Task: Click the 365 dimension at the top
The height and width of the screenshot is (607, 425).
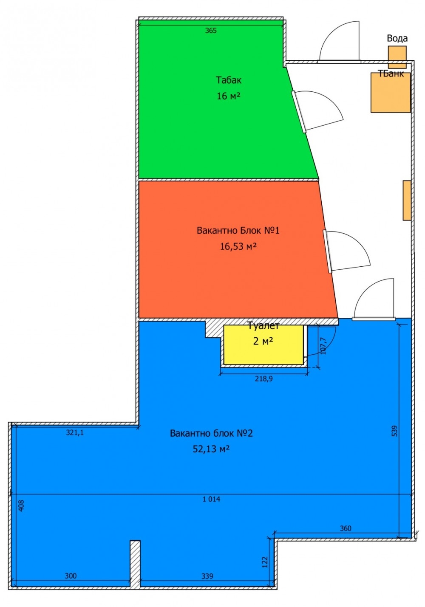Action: [211, 31]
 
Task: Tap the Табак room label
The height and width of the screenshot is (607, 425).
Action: [229, 80]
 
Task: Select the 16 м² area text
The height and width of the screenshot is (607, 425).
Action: [229, 96]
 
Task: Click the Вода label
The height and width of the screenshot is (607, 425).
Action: [397, 39]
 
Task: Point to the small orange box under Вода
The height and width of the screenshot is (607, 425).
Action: [397, 57]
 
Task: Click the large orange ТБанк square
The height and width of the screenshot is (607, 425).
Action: [391, 92]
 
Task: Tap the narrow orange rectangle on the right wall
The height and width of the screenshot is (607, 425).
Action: [407, 200]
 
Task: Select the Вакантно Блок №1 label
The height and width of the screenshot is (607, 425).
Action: [238, 231]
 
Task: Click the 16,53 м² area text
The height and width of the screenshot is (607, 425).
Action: [238, 247]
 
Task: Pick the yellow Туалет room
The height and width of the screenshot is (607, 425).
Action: [263, 344]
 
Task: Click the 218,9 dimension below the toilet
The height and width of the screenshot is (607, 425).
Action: [264, 378]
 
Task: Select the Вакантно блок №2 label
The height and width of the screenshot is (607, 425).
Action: [211, 433]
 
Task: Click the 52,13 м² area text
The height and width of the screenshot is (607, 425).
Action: [211, 449]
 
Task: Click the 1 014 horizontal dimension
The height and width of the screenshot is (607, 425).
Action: [211, 499]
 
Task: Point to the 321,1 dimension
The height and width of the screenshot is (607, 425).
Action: [75, 433]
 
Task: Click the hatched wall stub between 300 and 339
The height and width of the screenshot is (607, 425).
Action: [135, 563]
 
